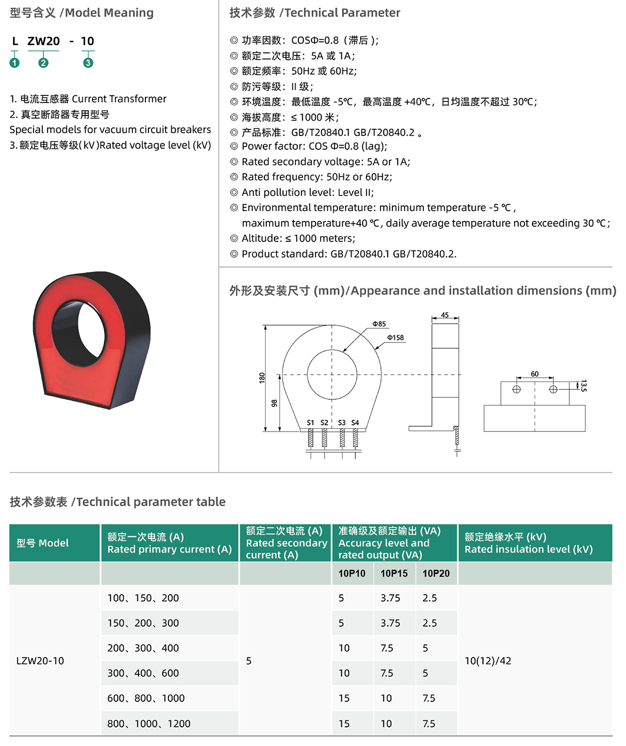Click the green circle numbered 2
coord(43,63)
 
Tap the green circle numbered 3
coord(88,63)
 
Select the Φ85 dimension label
coord(379,324)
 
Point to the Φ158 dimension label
coord(395,338)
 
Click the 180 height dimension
coord(262,378)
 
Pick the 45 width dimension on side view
coord(444,315)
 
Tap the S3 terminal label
coord(341,423)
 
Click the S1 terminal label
coord(311,423)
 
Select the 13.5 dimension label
coord(583,386)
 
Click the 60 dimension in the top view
coord(535,374)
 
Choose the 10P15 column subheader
coord(394,574)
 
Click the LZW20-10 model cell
coord(40,661)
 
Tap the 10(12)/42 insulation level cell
coord(488,661)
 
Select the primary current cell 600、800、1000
coord(146,698)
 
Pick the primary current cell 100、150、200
coord(143,598)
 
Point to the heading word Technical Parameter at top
coord(342,13)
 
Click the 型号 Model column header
coord(42,543)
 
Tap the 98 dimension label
coord(274,403)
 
